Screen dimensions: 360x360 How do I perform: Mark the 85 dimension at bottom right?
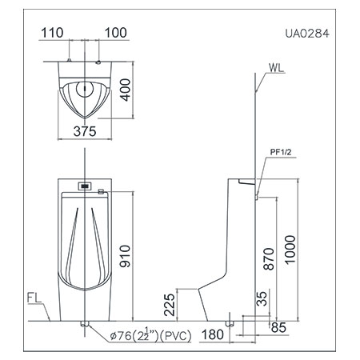coord(278,326)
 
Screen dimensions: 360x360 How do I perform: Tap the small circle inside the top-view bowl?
coord(84,90)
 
